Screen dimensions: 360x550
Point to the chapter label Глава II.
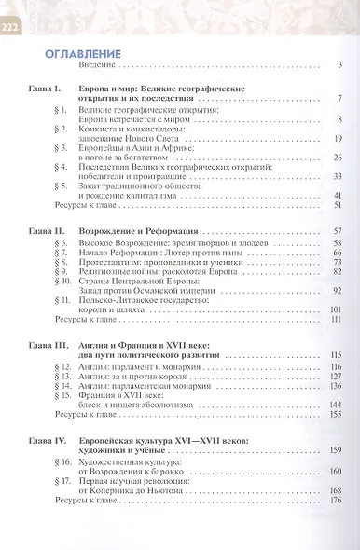pyautogui.click(x=46, y=230)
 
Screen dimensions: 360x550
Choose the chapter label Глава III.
pyautogui.click(x=48, y=344)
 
